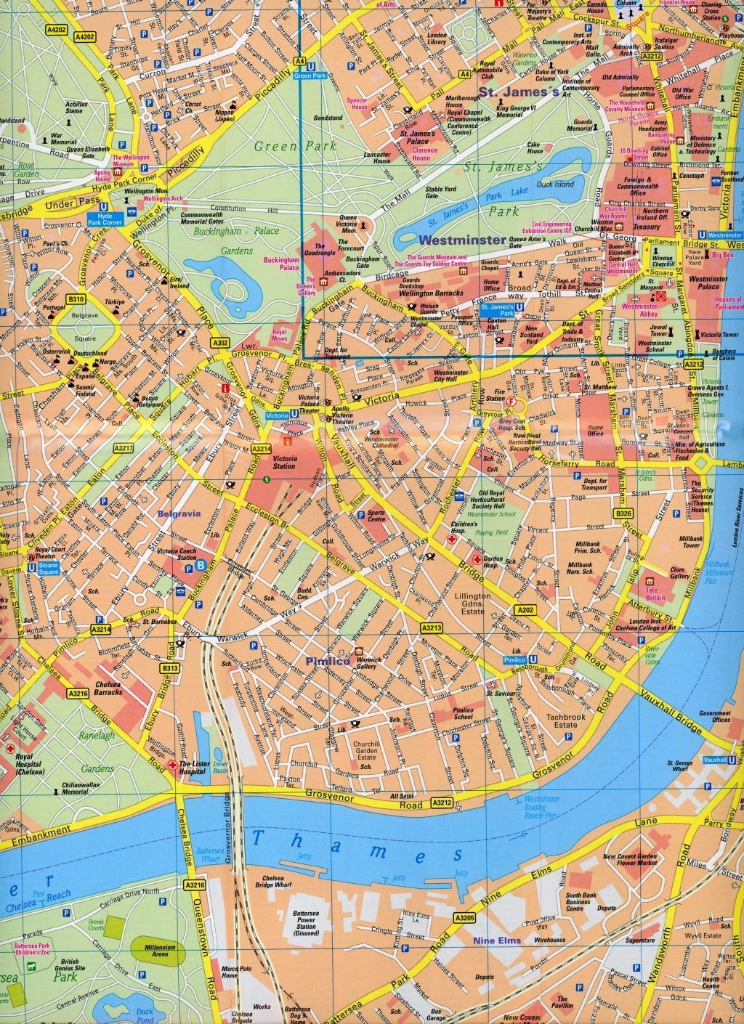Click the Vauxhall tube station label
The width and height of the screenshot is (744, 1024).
tap(715, 760)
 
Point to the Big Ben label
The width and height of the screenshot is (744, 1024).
tap(723, 256)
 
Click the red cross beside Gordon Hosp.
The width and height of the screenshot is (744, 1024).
tap(477, 559)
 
